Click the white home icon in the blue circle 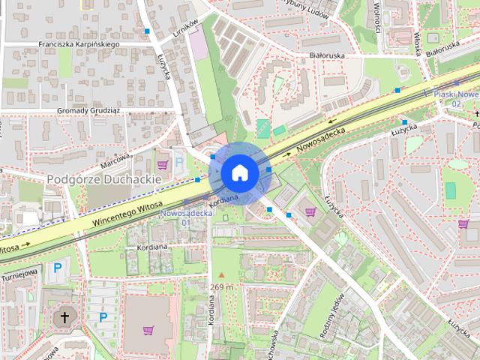239,172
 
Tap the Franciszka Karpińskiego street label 79,44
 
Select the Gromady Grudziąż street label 89,110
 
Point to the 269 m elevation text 221,286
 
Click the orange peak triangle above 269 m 221,275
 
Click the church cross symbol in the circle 64,317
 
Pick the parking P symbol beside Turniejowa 58,267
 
